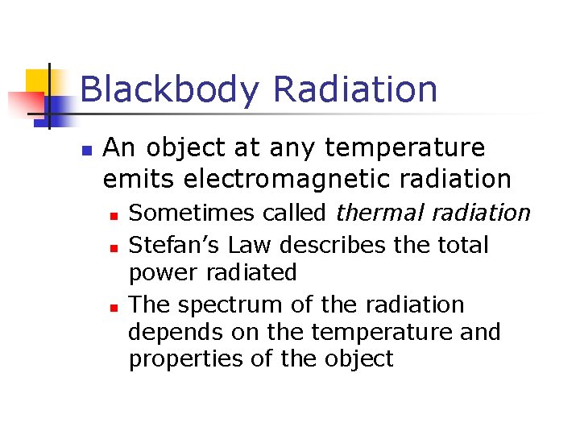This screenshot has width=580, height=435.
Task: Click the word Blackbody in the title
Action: pyautogui.click(x=170, y=89)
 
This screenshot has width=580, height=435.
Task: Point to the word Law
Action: pyautogui.click(x=229, y=244)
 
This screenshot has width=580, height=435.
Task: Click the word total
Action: pyautogui.click(x=459, y=244)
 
